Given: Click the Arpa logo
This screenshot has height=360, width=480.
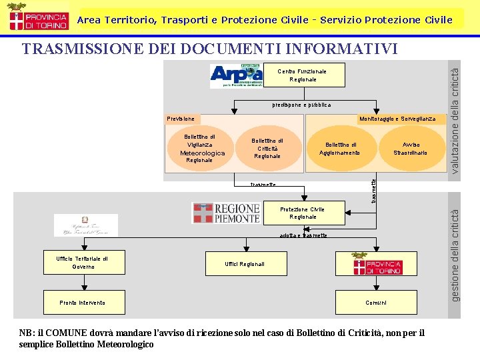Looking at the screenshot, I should (237, 76).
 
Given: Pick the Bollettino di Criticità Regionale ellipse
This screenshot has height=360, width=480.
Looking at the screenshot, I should (267, 148).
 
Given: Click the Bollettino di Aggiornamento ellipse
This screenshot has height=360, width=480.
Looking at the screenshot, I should (340, 149).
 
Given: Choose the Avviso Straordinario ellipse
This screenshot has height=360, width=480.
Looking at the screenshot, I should (411, 149).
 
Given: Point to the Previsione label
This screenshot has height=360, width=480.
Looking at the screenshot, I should (181, 119).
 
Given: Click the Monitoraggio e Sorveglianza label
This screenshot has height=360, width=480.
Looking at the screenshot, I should (397, 119).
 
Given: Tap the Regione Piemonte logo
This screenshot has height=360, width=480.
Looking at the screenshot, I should (226, 213).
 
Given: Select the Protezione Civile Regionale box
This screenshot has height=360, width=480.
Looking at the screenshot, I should (303, 213).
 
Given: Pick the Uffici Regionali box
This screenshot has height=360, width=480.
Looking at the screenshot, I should (245, 264).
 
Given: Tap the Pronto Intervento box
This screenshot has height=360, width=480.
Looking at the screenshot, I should (83, 303).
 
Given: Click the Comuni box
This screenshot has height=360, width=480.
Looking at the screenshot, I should (376, 303).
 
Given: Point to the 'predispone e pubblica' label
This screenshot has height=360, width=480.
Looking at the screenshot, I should (301, 105).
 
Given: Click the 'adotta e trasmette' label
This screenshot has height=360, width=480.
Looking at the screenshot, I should (303, 235).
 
